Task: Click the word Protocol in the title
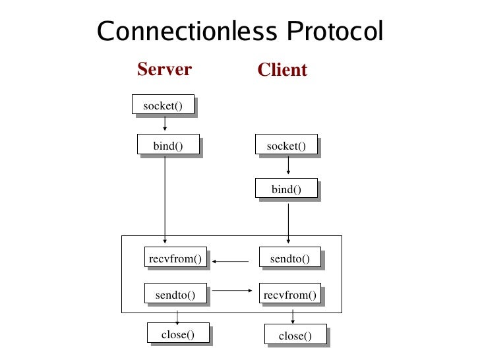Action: (x=335, y=32)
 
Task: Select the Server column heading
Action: (x=164, y=69)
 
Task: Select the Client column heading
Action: (x=282, y=70)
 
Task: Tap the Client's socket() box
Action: (x=286, y=146)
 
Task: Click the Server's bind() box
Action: (x=167, y=146)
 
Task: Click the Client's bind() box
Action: (x=285, y=189)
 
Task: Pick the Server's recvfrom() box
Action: (x=175, y=258)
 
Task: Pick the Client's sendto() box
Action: (x=289, y=258)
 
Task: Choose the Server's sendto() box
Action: (x=175, y=294)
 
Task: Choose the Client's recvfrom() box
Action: (x=289, y=294)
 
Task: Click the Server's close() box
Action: (x=178, y=334)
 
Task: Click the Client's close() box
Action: (x=295, y=336)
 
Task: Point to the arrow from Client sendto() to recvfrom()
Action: (x=230, y=261)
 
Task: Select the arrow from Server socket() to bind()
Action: (x=165, y=124)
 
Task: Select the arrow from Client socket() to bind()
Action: (x=288, y=167)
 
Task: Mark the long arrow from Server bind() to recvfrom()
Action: (x=165, y=198)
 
